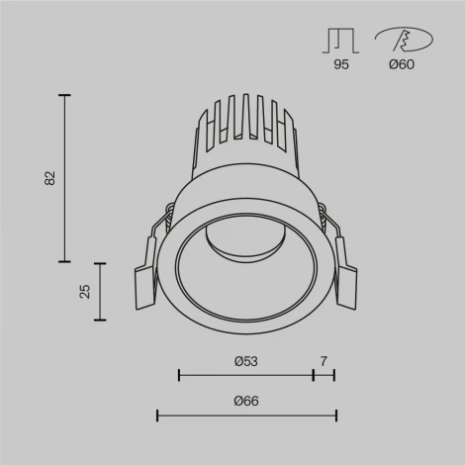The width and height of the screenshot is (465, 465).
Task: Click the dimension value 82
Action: (x=50, y=178)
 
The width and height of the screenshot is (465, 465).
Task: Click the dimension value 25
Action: (x=85, y=291)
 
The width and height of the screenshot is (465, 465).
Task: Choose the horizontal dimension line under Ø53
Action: (x=245, y=375)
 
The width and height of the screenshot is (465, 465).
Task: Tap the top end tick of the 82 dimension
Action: (x=65, y=95)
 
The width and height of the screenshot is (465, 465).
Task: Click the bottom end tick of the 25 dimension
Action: (x=100, y=320)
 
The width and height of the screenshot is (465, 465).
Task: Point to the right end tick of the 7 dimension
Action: (x=334, y=375)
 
